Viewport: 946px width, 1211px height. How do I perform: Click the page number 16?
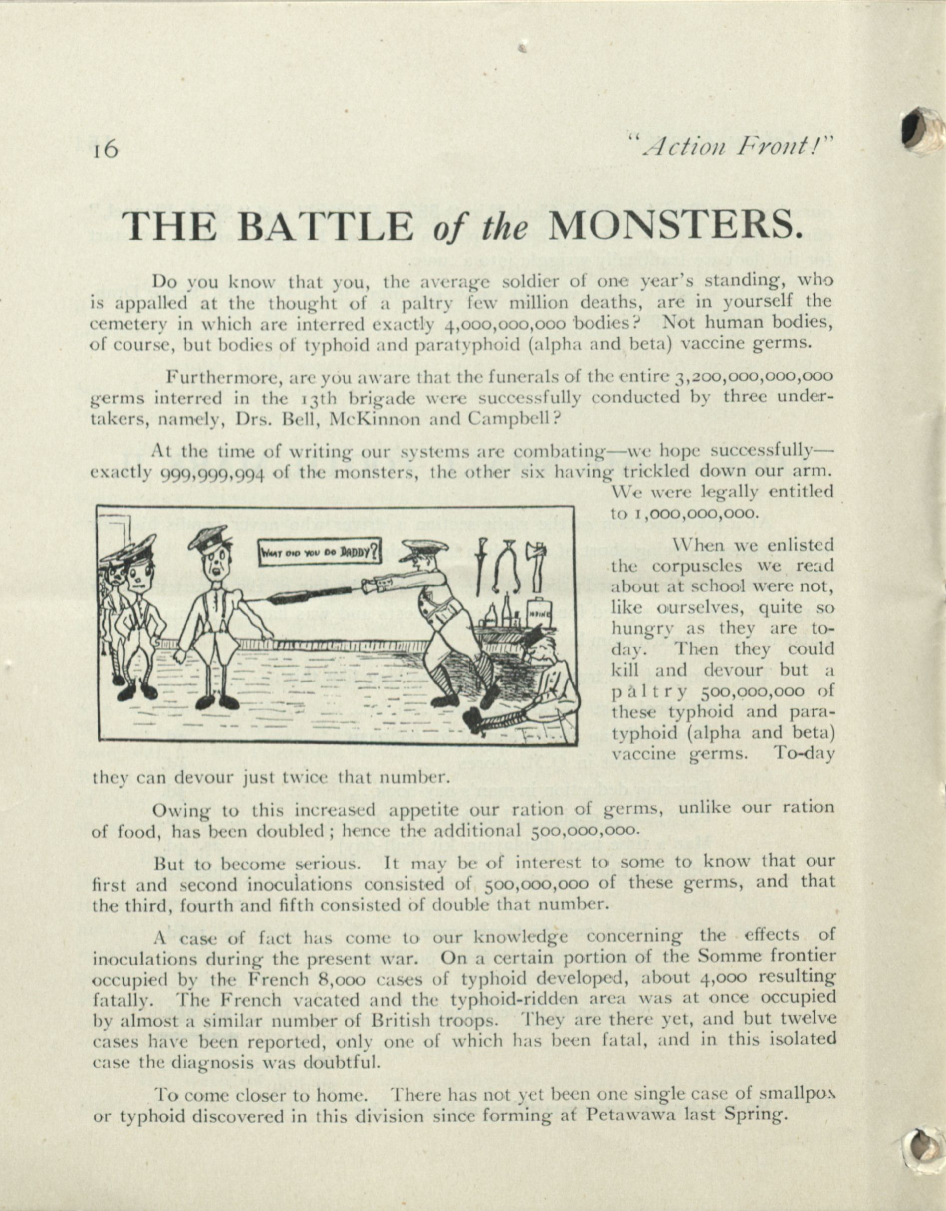click(x=106, y=150)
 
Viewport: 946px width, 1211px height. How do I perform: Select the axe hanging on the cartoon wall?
click(x=537, y=563)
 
